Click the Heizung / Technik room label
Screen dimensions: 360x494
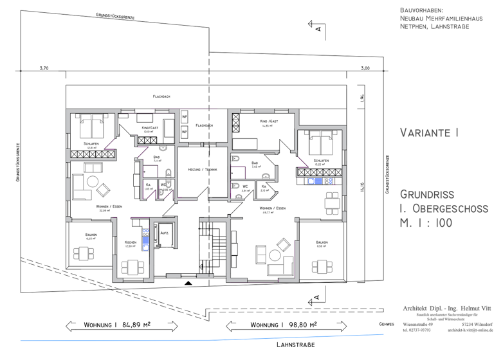202,169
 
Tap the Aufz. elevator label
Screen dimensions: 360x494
165,233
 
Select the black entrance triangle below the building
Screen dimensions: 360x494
188,282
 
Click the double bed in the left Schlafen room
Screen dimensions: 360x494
91,122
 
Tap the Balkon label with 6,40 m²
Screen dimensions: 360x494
91,236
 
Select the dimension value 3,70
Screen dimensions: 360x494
44,67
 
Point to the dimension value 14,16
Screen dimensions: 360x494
362,186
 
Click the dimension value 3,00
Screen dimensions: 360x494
365,67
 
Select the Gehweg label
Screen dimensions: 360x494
387,325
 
